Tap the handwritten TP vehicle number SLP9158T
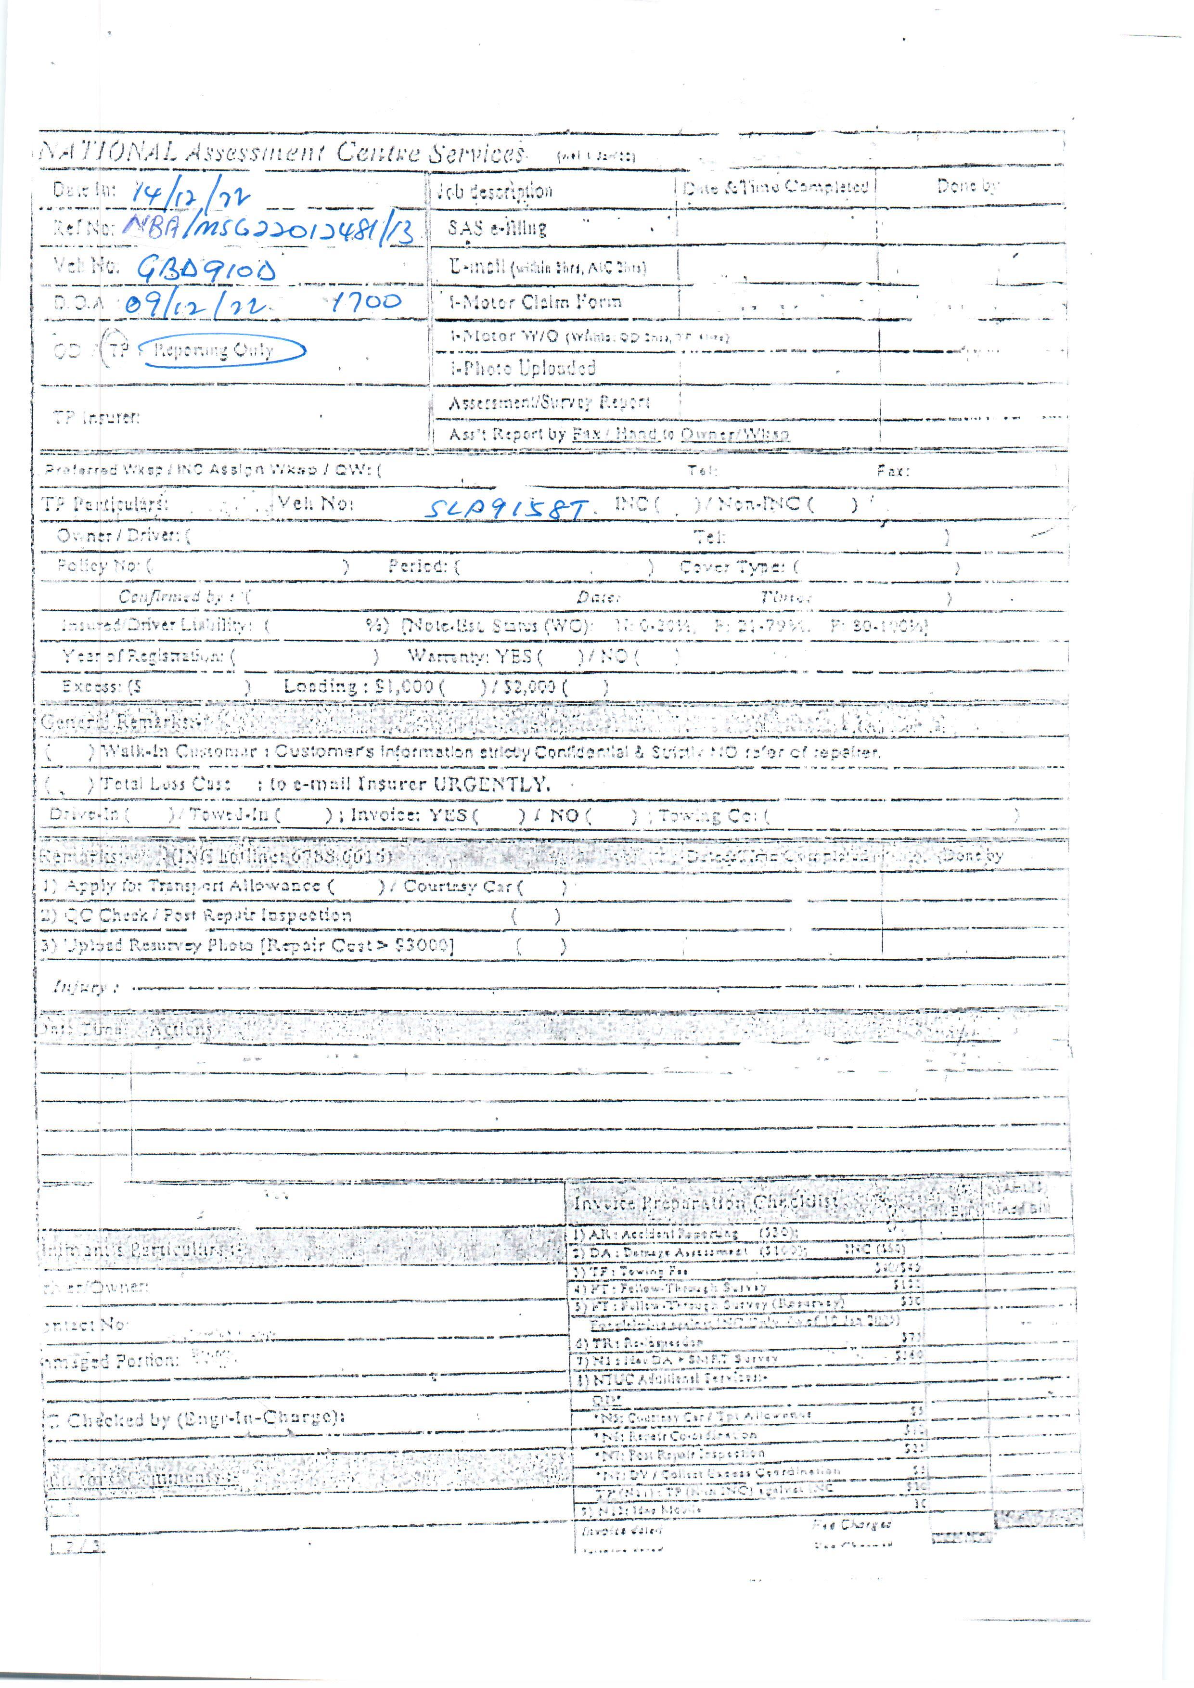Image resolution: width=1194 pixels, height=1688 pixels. (507, 508)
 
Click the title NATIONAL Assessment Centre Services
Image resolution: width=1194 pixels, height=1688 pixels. (283, 153)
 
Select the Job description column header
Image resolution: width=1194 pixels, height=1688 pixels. (494, 191)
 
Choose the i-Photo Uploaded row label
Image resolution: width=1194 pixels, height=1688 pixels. (523, 368)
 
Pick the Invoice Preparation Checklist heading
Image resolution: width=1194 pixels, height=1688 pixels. (706, 1203)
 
